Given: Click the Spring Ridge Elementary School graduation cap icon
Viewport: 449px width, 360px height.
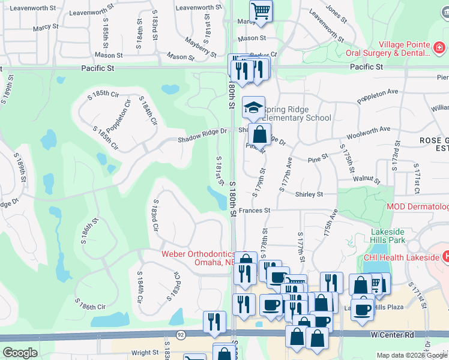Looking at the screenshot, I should tap(253, 107).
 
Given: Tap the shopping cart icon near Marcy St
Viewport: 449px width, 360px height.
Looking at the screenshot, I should tap(261, 11).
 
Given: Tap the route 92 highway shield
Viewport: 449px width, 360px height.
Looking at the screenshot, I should tap(180, 334).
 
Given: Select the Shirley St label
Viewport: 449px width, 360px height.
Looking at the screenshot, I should tap(309, 194).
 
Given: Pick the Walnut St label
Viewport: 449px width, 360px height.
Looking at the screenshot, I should tap(367, 179).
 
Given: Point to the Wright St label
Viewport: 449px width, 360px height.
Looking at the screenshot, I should tap(145, 353).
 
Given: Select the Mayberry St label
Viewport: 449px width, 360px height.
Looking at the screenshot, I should tap(200, 46).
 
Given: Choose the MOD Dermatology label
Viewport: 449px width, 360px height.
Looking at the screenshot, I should tap(418, 207).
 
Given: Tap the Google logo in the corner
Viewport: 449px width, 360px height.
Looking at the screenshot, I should tap(20, 353).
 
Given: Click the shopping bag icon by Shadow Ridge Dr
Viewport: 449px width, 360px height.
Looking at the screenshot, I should tap(260, 134).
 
